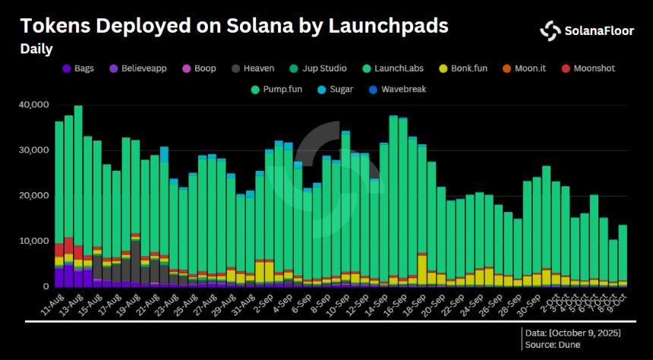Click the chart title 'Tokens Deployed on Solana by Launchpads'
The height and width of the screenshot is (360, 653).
click(x=234, y=26)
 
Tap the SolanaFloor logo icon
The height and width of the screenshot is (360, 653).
click(x=550, y=30)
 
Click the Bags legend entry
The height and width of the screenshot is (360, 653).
click(x=77, y=68)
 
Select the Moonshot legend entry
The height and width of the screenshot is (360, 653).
click(x=587, y=68)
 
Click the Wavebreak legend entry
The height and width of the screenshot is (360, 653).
click(x=397, y=90)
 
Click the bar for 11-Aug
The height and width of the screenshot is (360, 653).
click(x=58, y=205)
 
